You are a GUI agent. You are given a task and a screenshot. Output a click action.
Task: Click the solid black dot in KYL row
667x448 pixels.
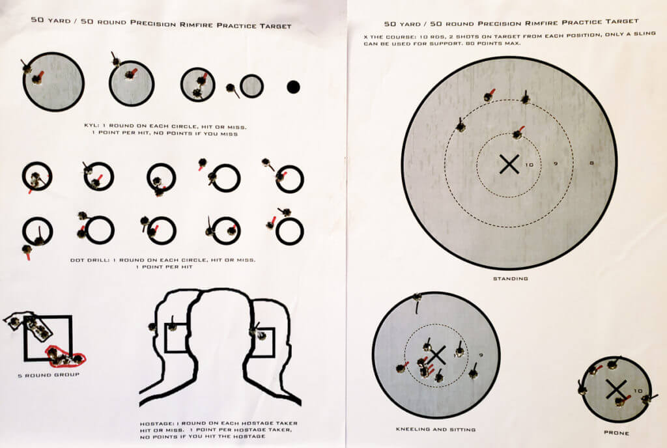click(293, 86)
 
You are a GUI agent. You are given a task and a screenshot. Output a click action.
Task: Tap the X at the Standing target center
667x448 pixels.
click(509, 165)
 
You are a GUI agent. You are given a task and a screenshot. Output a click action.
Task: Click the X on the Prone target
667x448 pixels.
click(614, 389)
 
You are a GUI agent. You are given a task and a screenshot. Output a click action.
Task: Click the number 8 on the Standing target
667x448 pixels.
click(591, 163)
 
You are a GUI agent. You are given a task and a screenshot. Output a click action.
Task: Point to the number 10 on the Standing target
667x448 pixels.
click(530, 165)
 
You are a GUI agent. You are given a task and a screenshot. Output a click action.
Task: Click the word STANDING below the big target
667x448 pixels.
click(510, 279)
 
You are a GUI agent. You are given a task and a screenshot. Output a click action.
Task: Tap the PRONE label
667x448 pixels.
click(616, 433)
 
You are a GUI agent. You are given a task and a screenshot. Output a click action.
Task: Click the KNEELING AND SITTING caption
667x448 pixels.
click(436, 430)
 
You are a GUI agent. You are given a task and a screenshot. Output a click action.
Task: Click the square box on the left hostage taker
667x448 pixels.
click(176, 337)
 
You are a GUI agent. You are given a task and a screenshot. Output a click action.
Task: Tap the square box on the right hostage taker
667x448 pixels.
click(263, 343)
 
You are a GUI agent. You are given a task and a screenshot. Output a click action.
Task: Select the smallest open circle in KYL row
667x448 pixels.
click(251, 86)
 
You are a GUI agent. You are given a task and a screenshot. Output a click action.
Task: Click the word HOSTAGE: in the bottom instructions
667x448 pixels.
click(156, 424)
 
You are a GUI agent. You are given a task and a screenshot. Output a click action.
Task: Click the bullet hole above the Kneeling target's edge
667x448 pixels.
click(417, 298)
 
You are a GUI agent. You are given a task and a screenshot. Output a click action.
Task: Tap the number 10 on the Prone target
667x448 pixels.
click(638, 391)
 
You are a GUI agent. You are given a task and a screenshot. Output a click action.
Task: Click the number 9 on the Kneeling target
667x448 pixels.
click(480, 355)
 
